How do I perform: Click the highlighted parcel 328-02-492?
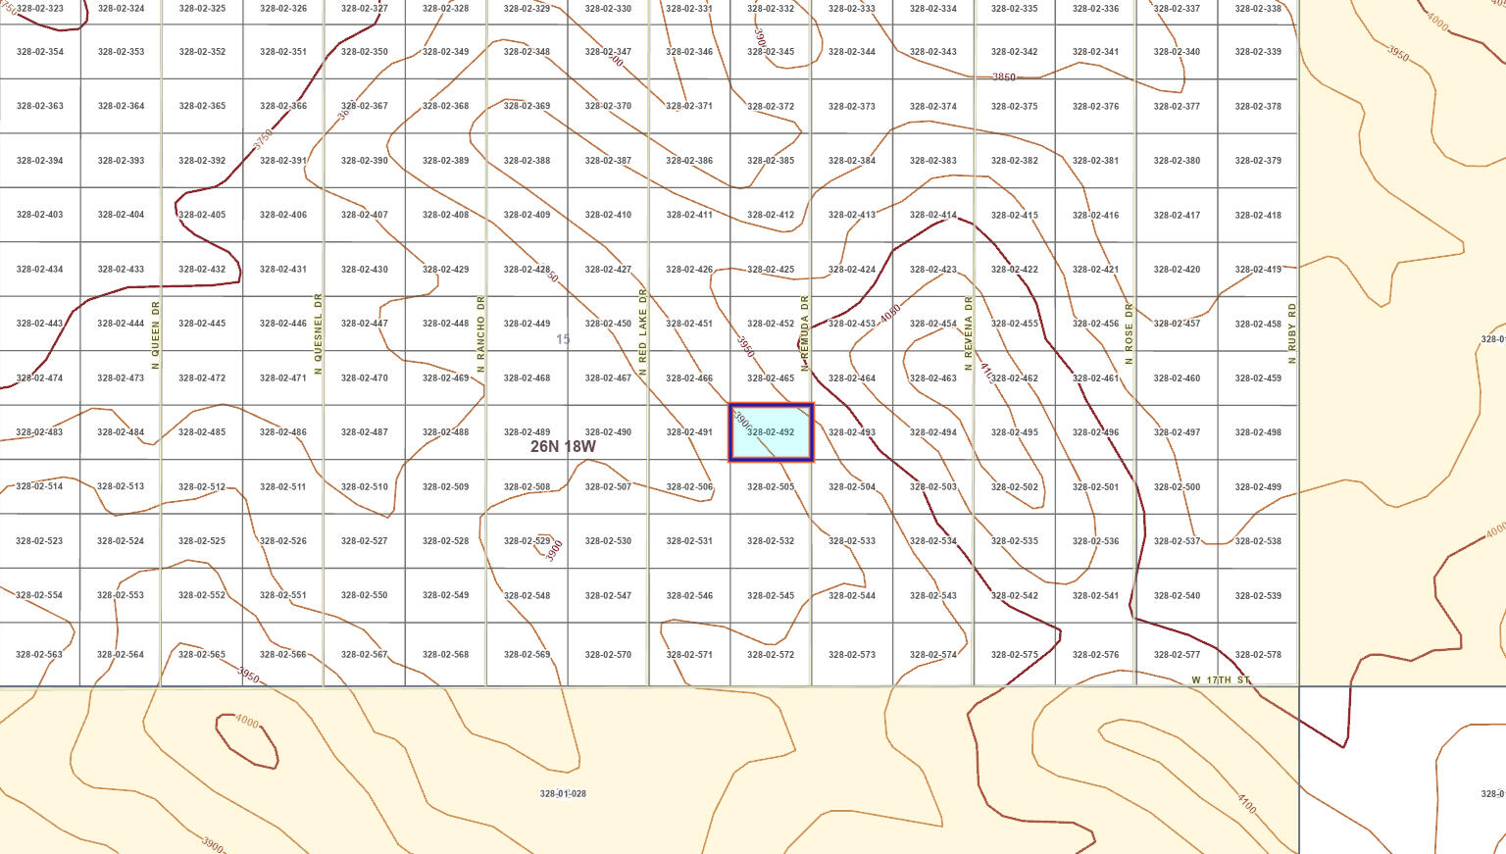tap(771, 432)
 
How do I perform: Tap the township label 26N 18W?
tap(563, 447)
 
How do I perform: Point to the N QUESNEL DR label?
tap(318, 334)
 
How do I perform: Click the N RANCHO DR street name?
tap(480, 334)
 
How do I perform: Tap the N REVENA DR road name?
tap(968, 334)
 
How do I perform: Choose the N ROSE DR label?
tap(1129, 333)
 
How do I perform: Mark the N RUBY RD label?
tap(1292, 333)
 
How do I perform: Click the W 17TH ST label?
tap(1221, 679)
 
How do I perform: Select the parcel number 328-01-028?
tap(563, 794)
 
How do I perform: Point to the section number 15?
tap(563, 339)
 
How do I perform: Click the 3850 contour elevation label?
tap(1004, 77)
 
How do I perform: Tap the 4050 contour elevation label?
tap(890, 315)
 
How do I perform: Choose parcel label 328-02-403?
tap(40, 215)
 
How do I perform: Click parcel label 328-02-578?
tap(1258, 655)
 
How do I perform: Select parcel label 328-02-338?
tap(1258, 9)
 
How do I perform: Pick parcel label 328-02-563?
tap(40, 655)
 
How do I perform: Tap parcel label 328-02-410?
tap(608, 215)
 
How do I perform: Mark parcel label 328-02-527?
tap(364, 541)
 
